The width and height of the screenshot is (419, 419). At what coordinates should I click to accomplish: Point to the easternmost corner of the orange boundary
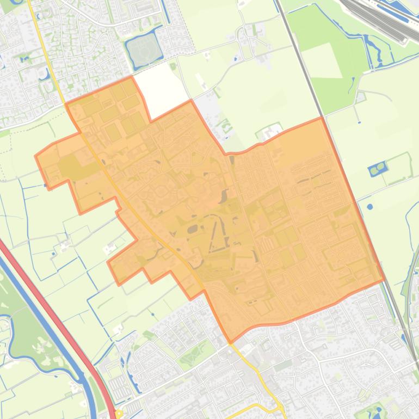[x=384, y=280]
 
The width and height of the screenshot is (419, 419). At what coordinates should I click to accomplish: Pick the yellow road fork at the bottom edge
[x=278, y=405]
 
